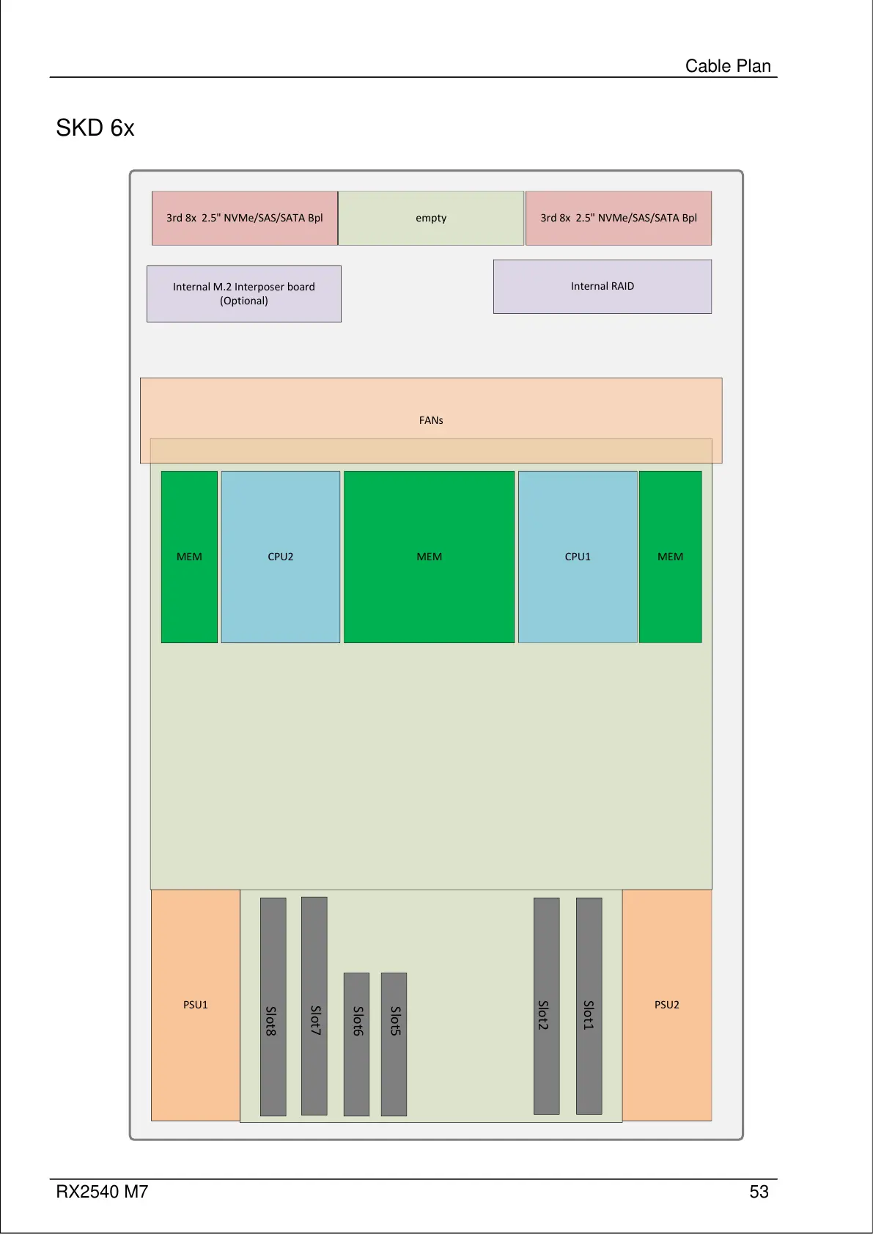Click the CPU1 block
(x=578, y=557)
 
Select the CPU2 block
(x=280, y=557)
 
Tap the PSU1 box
(x=195, y=1005)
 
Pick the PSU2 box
(x=666, y=1005)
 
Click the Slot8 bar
(x=273, y=1007)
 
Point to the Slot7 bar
(x=314, y=1006)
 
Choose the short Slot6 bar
(x=356, y=1044)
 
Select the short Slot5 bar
(x=394, y=1044)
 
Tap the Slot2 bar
(x=546, y=1006)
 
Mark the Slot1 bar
(x=589, y=1006)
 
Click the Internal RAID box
(x=602, y=286)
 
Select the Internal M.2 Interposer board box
(x=243, y=293)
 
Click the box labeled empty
(x=431, y=218)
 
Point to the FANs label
(x=431, y=420)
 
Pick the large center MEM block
(x=429, y=557)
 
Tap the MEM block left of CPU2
(x=189, y=557)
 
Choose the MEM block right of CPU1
(x=670, y=557)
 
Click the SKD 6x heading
(x=95, y=128)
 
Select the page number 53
(x=759, y=1192)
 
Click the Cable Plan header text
(x=728, y=66)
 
